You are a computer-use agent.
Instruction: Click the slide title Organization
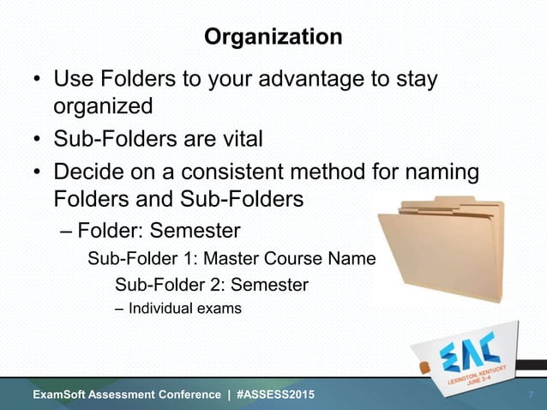click(x=273, y=39)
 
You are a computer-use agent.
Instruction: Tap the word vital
click(x=236, y=138)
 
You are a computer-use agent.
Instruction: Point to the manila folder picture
click(x=442, y=250)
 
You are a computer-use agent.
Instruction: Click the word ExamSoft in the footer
click(x=62, y=395)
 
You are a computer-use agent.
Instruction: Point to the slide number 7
click(x=531, y=395)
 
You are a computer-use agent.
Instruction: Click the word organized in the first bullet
click(x=104, y=106)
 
